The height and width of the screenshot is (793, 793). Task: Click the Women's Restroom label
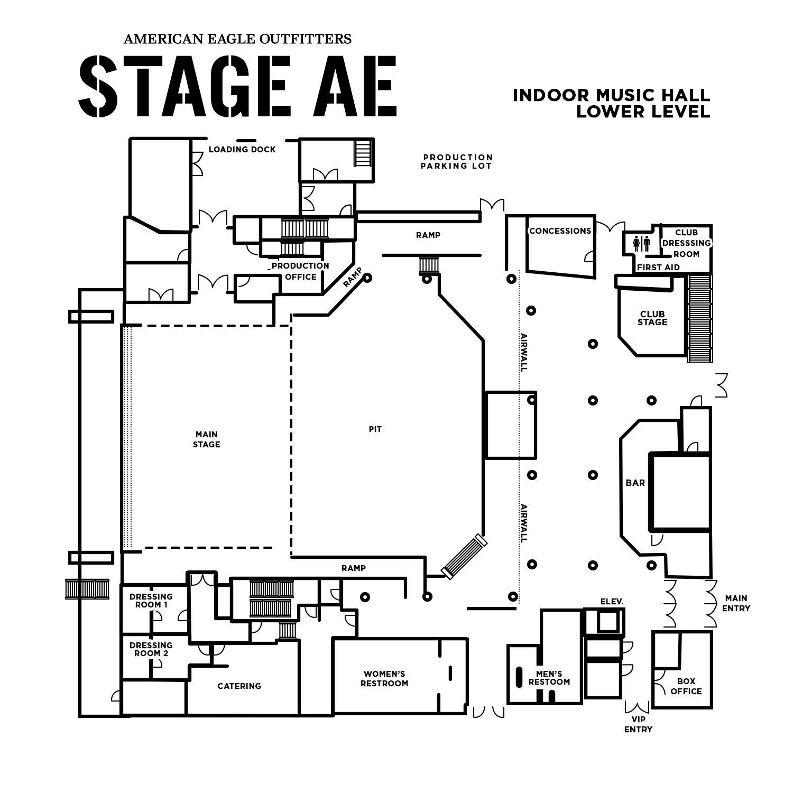[x=384, y=678]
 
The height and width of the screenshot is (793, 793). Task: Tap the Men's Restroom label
[x=549, y=678]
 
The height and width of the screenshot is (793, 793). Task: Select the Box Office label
[x=686, y=686]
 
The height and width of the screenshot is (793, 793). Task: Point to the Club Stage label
[x=652, y=318]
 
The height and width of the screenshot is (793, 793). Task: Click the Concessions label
[x=560, y=231]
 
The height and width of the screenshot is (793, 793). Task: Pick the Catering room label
[x=239, y=686]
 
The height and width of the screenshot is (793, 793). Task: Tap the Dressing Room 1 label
[x=151, y=601]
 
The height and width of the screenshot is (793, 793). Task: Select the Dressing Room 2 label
[x=151, y=649]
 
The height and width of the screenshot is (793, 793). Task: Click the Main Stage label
[x=206, y=440]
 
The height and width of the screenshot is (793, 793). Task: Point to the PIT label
[x=375, y=429]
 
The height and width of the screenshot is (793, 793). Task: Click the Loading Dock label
[x=242, y=150]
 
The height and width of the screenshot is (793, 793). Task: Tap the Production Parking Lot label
[x=458, y=162]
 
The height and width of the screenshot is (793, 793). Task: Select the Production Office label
[x=300, y=271]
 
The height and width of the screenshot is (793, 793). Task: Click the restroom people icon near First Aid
[x=641, y=244]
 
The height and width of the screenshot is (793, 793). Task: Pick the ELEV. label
[x=612, y=602]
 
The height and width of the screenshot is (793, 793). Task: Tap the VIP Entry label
[x=638, y=725]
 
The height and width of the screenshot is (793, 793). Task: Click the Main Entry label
[x=736, y=603]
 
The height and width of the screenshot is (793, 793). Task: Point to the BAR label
[x=635, y=483]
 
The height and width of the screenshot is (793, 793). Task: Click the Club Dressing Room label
[x=686, y=243]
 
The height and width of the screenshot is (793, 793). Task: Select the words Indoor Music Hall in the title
[x=611, y=95]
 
